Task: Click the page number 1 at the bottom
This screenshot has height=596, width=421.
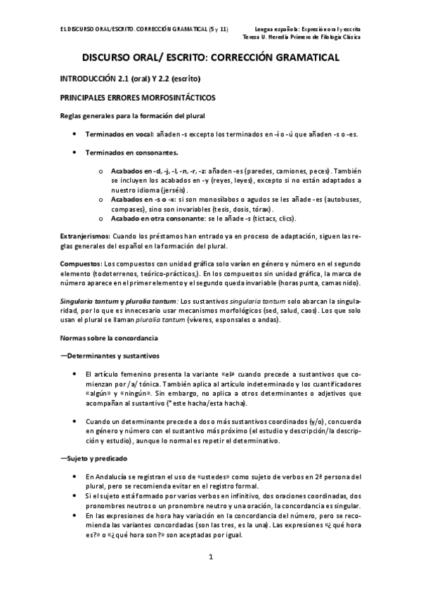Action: (x=211, y=557)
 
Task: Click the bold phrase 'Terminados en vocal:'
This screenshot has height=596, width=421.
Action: (x=122, y=134)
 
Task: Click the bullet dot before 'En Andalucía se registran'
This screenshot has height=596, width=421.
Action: (x=75, y=477)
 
